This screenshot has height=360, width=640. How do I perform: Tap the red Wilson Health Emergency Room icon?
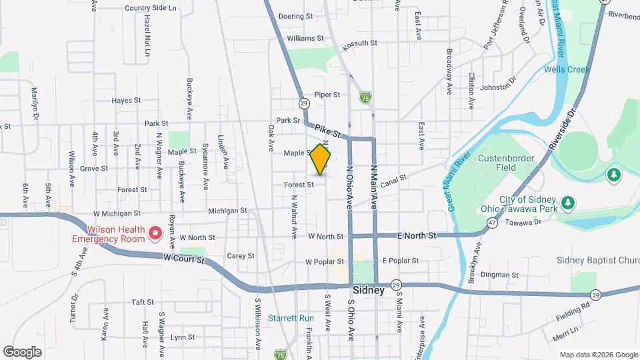pos(155,233)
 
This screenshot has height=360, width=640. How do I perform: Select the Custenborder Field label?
pos(505,163)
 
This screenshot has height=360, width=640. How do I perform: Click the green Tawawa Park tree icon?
pos(567,201)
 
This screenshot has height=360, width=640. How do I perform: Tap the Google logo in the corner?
pos(22,351)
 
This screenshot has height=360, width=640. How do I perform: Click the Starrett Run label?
pos(291,318)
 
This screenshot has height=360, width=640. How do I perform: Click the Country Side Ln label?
pos(151,9)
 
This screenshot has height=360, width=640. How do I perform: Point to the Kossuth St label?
pos(360,43)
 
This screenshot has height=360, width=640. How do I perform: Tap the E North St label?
pos(417,235)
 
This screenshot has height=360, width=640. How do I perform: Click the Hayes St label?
pos(126,101)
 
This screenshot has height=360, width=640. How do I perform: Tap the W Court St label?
pos(181,257)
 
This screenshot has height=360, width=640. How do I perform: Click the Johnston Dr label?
pos(499,87)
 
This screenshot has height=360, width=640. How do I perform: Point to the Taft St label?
pos(143,302)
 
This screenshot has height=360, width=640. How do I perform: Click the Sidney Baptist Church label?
pos(599,259)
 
